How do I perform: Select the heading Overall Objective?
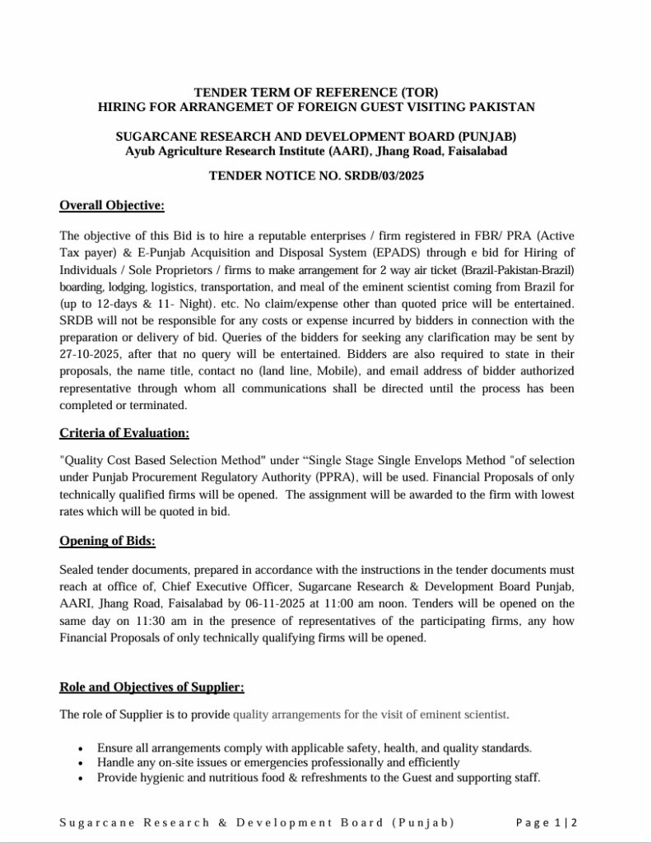(112, 205)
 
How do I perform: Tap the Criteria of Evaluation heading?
(124, 432)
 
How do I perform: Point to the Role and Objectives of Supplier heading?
(151, 687)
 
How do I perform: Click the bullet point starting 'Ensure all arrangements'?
(80, 748)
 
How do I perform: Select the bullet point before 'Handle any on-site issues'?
(80, 763)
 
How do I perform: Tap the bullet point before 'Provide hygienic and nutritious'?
(80, 779)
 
